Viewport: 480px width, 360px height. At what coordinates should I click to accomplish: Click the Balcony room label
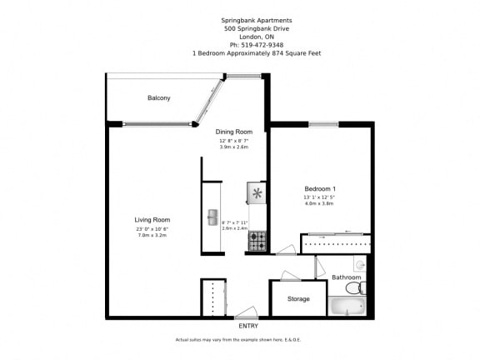[x=158, y=98]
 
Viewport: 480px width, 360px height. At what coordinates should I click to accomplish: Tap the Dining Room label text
[x=233, y=132]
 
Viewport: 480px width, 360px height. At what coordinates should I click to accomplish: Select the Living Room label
[x=152, y=219]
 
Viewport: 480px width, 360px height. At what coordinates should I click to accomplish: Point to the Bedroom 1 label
[x=319, y=188]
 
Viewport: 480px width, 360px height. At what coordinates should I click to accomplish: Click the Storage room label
[x=298, y=298]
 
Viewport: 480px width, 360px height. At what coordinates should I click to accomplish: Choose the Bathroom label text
[x=346, y=277]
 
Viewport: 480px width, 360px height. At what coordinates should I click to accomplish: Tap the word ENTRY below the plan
[x=247, y=326]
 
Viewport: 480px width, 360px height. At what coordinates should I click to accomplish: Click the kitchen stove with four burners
[x=257, y=242]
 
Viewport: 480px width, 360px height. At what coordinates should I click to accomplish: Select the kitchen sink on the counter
[x=212, y=217]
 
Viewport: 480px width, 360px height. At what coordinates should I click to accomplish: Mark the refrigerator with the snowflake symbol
[x=257, y=194]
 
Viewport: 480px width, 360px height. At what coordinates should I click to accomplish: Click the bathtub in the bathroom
[x=347, y=307]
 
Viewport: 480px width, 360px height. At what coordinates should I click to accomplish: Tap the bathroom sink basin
[x=359, y=265]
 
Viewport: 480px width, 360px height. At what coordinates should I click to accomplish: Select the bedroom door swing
[x=285, y=248]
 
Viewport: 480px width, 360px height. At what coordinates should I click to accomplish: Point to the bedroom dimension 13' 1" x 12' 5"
[x=319, y=197]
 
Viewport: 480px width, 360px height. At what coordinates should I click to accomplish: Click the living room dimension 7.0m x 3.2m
[x=152, y=235]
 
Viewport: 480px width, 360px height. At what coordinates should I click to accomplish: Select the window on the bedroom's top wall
[x=322, y=124]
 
